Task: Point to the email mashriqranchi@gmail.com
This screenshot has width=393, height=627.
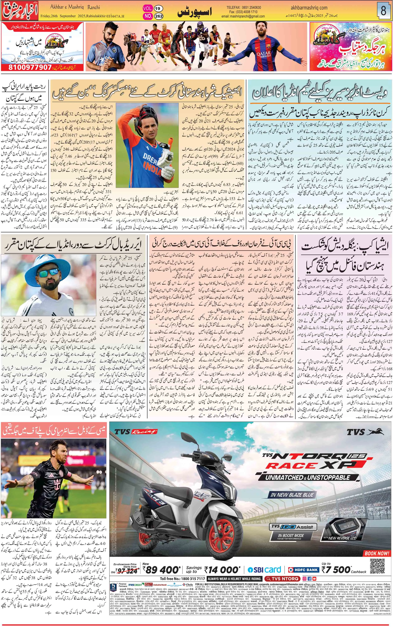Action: coord(243,16)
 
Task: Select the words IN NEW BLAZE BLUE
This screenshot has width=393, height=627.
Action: coord(292,495)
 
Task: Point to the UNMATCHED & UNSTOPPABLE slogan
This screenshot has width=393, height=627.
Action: coord(307,477)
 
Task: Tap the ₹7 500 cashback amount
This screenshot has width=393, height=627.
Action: coord(336,570)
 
